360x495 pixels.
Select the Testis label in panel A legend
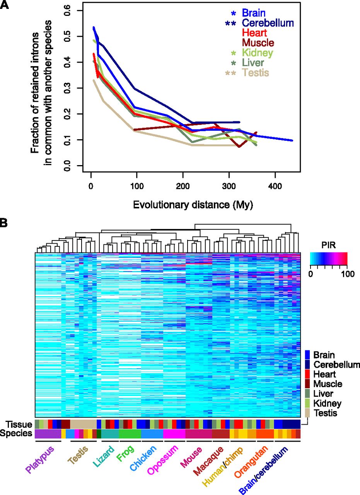tap(256, 73)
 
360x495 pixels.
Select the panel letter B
tap(5, 224)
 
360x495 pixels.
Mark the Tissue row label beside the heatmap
tap(17, 423)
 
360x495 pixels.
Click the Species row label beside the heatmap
tap(16, 433)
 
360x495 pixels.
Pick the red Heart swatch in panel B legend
tap(307, 374)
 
